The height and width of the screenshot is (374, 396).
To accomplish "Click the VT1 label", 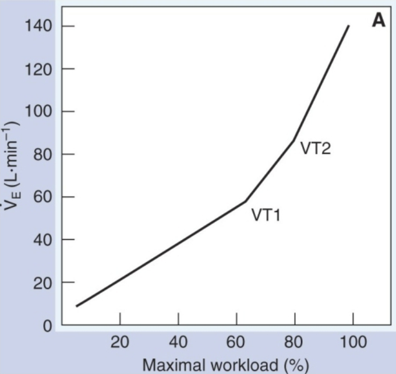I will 266,215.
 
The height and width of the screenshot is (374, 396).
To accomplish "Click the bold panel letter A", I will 379,21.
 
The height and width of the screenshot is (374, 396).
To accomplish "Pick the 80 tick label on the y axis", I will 41,155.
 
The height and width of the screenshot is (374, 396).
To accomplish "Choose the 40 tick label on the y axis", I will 41,240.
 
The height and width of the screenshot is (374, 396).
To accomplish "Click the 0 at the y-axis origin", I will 45,326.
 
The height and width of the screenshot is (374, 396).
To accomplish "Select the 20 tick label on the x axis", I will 120,343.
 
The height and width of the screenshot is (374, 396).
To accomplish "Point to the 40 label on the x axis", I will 178,343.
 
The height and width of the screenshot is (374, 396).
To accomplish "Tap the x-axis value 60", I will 236,343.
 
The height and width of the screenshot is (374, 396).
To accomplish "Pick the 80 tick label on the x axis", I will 295,343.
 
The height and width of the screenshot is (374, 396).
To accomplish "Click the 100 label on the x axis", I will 353,343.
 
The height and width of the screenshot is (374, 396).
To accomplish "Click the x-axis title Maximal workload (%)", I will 225,365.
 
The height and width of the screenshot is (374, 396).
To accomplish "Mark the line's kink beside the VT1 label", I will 245,202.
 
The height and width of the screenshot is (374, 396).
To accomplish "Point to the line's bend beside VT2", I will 294,140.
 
